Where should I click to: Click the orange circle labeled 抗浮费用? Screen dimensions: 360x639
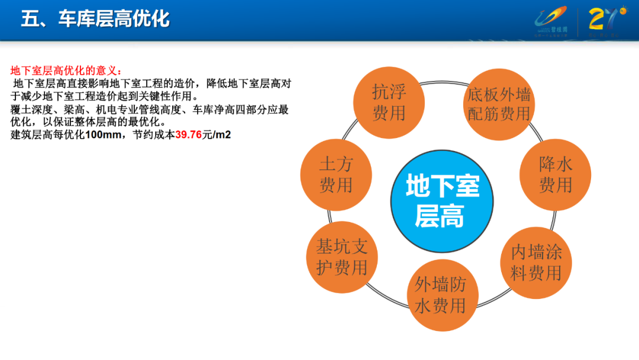[x=389, y=101]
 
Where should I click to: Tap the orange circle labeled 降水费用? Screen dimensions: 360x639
[x=555, y=175]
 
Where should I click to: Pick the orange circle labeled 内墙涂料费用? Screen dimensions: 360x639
[x=536, y=262]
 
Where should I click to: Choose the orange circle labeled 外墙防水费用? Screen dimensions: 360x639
[x=440, y=295]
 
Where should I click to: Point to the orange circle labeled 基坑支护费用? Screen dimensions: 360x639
[x=342, y=257]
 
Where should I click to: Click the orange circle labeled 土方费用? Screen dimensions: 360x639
[x=336, y=175]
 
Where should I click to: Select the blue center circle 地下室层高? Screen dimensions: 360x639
[x=442, y=201]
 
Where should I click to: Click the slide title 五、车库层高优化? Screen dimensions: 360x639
[x=95, y=19]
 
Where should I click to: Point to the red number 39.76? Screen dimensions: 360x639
[x=189, y=134]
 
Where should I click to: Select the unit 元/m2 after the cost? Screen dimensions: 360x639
[x=217, y=134]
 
